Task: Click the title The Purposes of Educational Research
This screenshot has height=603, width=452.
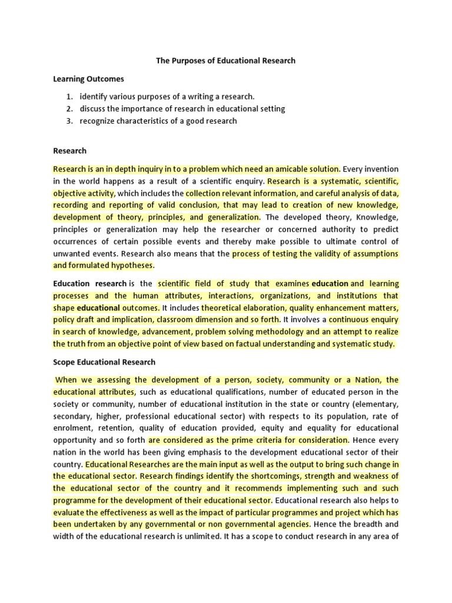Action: point(225,61)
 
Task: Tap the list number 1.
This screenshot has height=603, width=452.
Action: point(69,96)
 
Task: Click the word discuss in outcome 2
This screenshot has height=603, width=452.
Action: point(93,108)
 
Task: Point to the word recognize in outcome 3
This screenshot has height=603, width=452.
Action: point(99,121)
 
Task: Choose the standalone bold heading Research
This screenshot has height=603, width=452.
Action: point(69,151)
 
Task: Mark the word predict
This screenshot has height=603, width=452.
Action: point(385,229)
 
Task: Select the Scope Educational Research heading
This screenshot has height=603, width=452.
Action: point(104,362)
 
